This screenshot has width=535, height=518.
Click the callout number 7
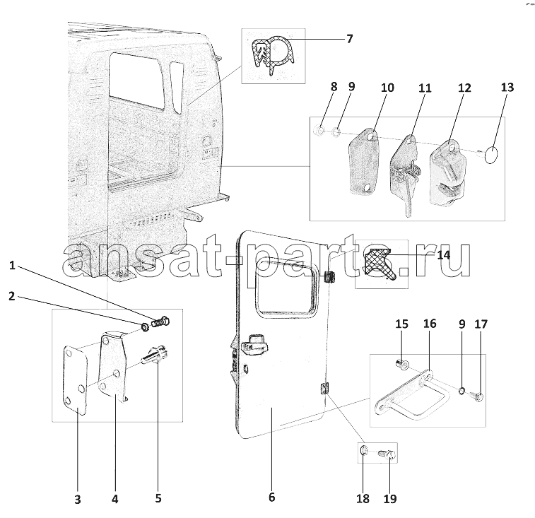(349, 39)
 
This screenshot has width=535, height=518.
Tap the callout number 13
(507, 88)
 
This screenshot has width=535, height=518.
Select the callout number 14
(444, 255)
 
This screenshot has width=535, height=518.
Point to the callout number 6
(271, 497)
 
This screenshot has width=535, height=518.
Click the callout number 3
(78, 500)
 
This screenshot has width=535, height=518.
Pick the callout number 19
(390, 498)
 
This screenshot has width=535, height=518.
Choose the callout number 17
(481, 324)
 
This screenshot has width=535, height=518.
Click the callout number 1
(12, 265)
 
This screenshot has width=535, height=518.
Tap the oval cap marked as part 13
(491, 155)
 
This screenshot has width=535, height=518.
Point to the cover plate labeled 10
(364, 162)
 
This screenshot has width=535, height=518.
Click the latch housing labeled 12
(447, 173)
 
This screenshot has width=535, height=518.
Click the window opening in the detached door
(286, 288)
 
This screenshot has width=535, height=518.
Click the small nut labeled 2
(144, 329)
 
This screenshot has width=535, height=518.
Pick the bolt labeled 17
(476, 396)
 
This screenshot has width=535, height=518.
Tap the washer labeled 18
(364, 451)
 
